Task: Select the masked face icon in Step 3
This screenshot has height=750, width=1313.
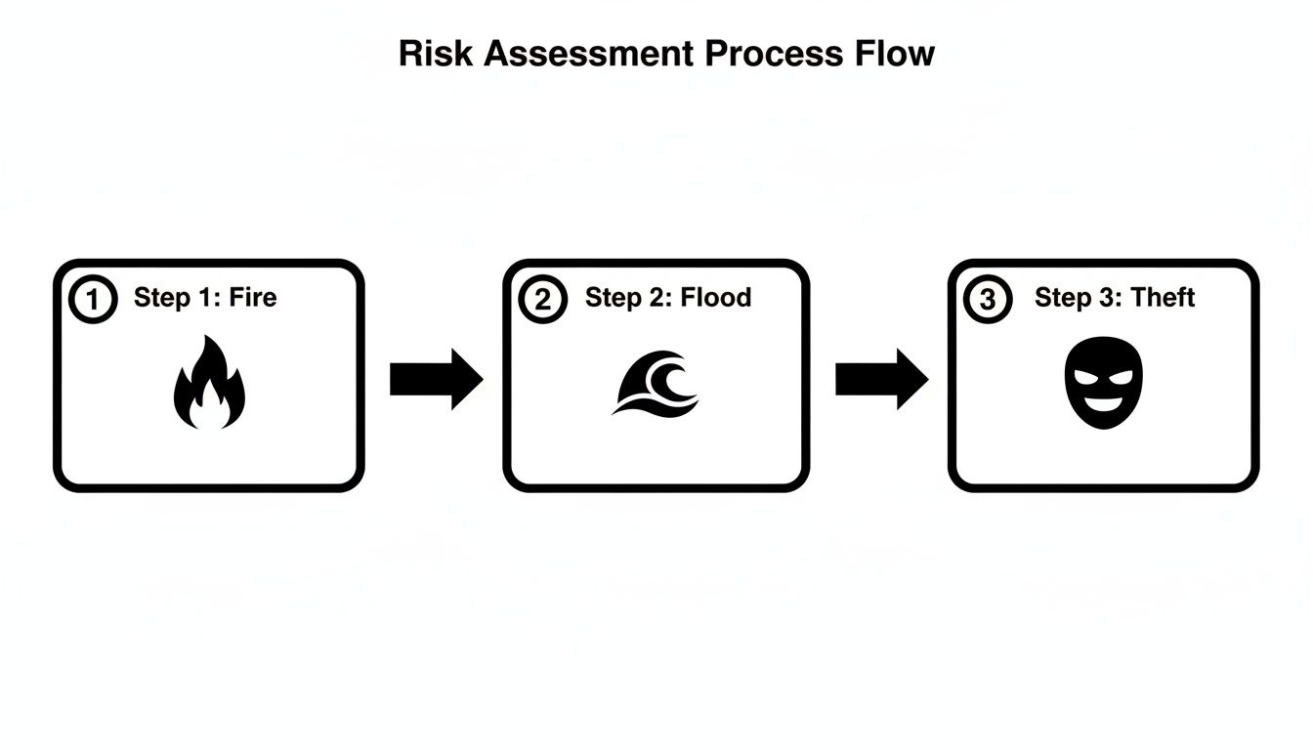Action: click(x=1102, y=383)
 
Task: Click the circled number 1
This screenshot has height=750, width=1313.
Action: click(x=94, y=300)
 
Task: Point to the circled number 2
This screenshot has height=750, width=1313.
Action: click(x=542, y=300)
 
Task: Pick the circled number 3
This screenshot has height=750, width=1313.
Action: click(x=988, y=300)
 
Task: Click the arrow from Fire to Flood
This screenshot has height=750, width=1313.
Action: click(x=436, y=379)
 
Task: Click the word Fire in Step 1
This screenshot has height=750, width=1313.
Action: click(x=253, y=297)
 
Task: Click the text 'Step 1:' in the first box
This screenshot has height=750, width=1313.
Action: click(x=177, y=297)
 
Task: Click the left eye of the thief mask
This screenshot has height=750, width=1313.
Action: click(x=1086, y=377)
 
